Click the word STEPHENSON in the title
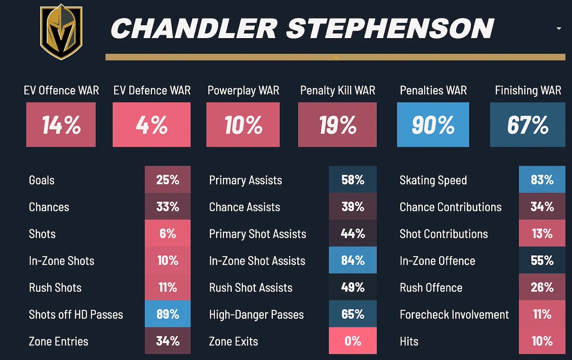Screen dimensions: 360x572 coord(389,29)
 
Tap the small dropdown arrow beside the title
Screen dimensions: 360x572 coord(559,29)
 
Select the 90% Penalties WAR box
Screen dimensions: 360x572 coord(434,125)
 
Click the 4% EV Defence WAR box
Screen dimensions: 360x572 coord(152,125)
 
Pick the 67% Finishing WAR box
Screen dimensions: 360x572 coord(528,125)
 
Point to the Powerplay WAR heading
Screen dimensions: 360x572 coord(243,90)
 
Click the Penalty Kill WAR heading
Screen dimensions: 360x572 coord(337,90)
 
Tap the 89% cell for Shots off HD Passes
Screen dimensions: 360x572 coord(167,314)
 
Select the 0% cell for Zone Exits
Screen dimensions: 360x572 coord(352,341)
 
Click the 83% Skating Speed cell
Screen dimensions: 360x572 coord(542,180)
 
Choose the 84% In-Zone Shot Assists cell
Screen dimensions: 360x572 coord(352,260)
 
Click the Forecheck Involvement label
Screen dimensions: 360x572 coord(454,314)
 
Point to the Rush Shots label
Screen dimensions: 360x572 coord(55,288)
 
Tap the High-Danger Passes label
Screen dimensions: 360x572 coord(256,314)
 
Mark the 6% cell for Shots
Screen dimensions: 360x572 coord(167,234)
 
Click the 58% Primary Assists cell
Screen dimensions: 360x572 coord(352,180)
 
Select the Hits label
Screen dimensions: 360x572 coord(409,341)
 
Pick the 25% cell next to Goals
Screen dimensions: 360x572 coord(167,180)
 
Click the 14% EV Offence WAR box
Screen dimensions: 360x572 coord(61,125)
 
